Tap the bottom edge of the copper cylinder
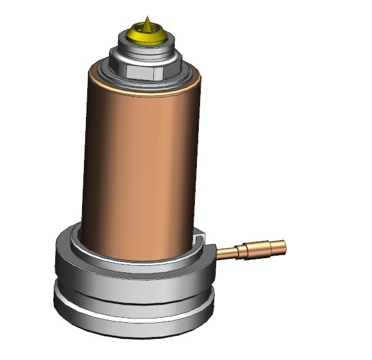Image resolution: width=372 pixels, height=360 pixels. click(141, 259)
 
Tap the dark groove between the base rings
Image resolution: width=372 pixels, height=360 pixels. click(128, 293)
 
